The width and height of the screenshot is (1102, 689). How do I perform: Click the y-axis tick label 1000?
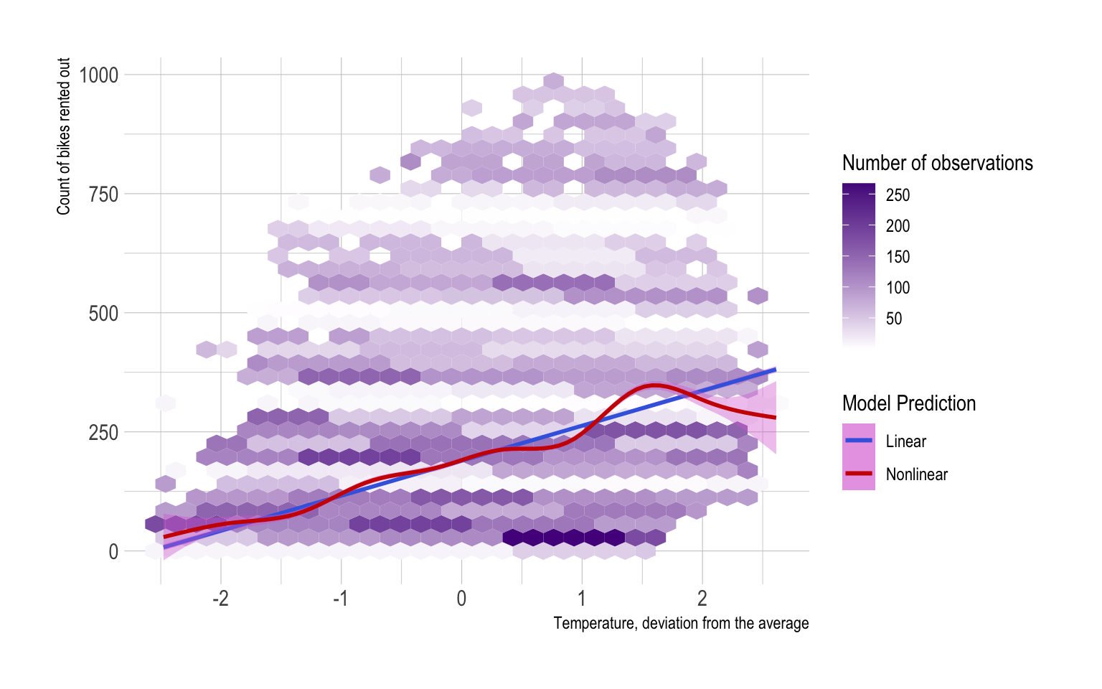pos(98,75)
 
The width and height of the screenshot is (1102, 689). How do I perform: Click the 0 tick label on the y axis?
pos(113,551)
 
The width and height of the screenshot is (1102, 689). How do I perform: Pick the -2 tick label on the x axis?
pos(220,598)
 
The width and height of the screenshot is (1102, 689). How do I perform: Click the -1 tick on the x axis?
pos(340,598)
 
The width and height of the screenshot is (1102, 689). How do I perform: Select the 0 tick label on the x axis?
pos(461,598)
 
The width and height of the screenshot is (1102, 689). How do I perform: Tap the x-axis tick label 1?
pos(582,598)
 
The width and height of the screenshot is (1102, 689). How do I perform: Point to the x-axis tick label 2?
pos(702,598)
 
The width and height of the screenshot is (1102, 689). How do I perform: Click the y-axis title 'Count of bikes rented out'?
pos(64,136)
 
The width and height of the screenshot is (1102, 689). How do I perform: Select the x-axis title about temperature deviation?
pos(681,623)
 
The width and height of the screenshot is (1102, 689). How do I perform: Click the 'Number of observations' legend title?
pos(937,163)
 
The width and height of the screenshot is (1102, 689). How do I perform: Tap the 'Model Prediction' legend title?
pos(908,403)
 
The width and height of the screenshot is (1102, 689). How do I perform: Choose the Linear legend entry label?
pos(905,441)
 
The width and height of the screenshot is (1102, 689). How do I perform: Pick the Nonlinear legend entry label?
pos(916,474)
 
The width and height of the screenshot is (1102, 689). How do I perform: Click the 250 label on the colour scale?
pos(898,195)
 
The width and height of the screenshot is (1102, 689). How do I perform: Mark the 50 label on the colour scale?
pos(894,319)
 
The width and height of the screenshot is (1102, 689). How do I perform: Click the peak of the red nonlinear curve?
pos(655,386)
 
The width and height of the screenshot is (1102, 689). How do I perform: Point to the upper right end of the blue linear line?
pos(775,370)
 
